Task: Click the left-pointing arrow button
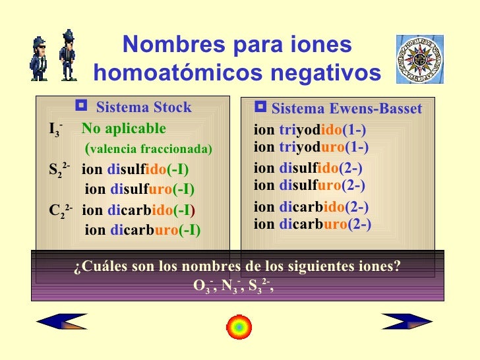point(61,321)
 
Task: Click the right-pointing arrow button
point(407,321)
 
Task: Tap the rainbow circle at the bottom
point(238,326)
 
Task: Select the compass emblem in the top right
point(419,59)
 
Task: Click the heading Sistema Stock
point(144,107)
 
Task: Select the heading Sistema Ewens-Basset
point(346,109)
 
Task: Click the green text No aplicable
point(124,128)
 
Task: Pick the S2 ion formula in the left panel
point(59,170)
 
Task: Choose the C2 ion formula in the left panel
point(59,212)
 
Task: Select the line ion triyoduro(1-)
point(311,146)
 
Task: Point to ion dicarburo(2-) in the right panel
point(313,224)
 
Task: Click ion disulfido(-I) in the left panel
point(135,169)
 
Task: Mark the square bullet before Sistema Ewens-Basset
point(260,107)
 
